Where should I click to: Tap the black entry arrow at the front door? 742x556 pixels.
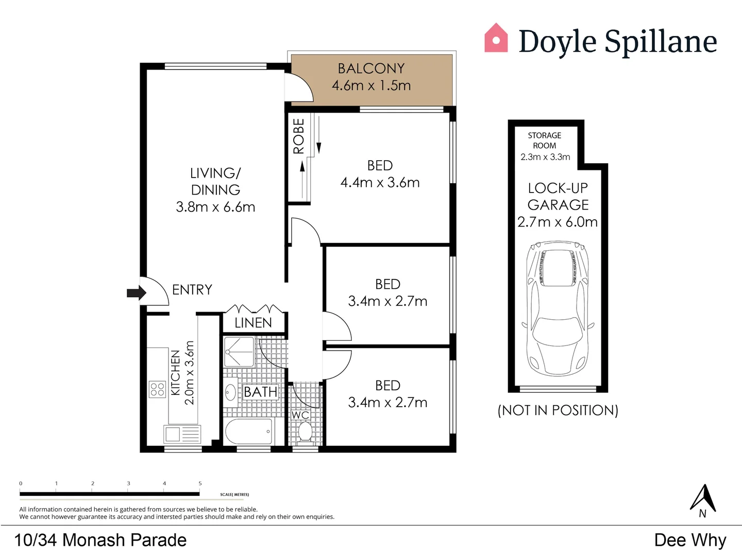pyautogui.click(x=136, y=293)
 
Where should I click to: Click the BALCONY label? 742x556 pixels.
pyautogui.click(x=371, y=68)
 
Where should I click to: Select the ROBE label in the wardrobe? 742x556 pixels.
pyautogui.click(x=299, y=136)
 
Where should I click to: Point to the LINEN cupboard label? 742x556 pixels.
pyautogui.click(x=253, y=323)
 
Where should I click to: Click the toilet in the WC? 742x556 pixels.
pyautogui.click(x=305, y=431)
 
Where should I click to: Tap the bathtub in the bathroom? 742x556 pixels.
pyautogui.click(x=248, y=431)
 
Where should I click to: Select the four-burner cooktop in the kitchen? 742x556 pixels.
pyautogui.click(x=157, y=390)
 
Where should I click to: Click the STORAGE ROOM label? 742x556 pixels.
pyautogui.click(x=545, y=141)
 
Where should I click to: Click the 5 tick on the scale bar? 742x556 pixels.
pyautogui.click(x=200, y=484)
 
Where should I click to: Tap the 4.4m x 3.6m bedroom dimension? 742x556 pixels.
pyautogui.click(x=380, y=183)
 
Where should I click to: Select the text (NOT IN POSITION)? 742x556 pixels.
pyautogui.click(x=558, y=410)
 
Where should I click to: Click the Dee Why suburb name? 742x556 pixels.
pyautogui.click(x=690, y=540)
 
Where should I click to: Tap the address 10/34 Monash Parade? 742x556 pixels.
pyautogui.click(x=100, y=540)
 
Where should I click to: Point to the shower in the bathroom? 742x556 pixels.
pyautogui.click(x=239, y=352)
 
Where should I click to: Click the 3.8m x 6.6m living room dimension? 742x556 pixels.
pyautogui.click(x=215, y=207)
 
